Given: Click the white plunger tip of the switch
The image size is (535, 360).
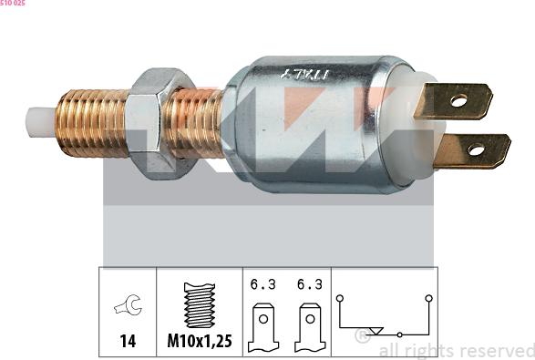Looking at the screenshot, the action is [41, 122].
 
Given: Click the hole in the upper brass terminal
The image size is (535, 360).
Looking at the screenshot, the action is [458, 100].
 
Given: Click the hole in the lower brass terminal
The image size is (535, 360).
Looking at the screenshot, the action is [476, 149].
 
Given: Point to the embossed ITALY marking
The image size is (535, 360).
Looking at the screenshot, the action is [305, 74].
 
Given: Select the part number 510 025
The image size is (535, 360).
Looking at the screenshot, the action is [13, 3].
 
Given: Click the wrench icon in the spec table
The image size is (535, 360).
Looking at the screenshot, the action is [128, 304].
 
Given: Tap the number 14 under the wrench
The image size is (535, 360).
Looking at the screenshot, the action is [128, 341].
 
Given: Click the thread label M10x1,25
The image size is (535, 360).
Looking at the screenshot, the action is [200, 341].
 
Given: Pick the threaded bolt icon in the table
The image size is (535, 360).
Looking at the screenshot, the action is [200, 304].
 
